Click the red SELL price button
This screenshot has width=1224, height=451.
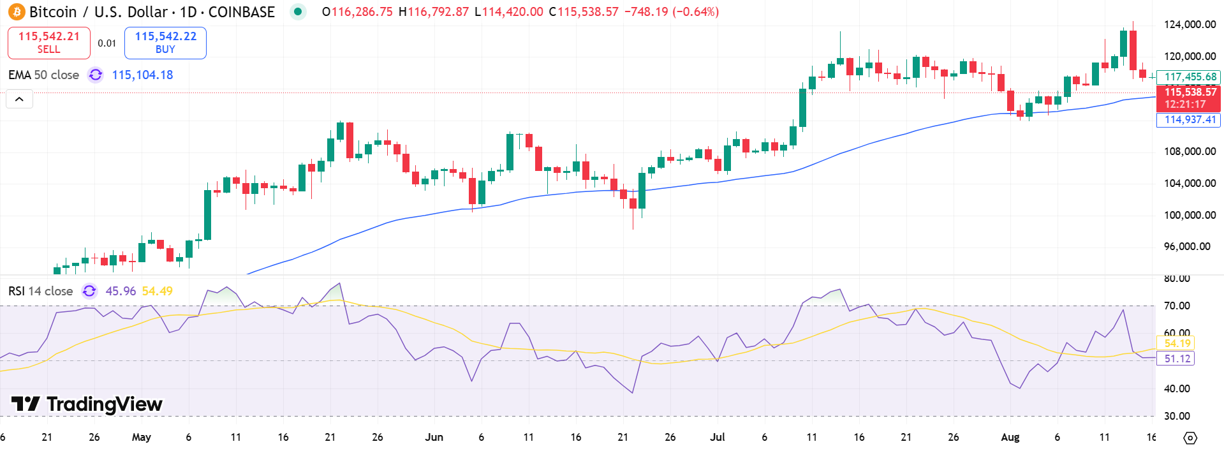tap(49, 43)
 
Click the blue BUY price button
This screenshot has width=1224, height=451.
tap(165, 43)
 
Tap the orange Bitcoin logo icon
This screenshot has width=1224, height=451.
tap(16, 11)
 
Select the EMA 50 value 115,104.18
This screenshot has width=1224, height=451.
tap(142, 75)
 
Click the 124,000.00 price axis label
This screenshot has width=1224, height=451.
tap(1190, 24)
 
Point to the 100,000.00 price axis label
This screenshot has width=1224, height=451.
tap(1190, 215)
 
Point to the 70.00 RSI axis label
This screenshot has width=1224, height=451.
tap(1177, 306)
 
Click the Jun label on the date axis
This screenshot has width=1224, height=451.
tap(434, 437)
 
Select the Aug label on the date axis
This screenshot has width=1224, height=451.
tap(1010, 437)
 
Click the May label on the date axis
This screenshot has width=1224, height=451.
tap(141, 437)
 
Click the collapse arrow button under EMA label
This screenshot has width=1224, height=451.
tap(19, 99)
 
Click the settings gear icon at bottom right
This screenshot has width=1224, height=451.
tap(1190, 438)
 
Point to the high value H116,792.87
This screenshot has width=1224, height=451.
tap(434, 11)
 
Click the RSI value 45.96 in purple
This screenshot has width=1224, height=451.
tap(121, 291)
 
